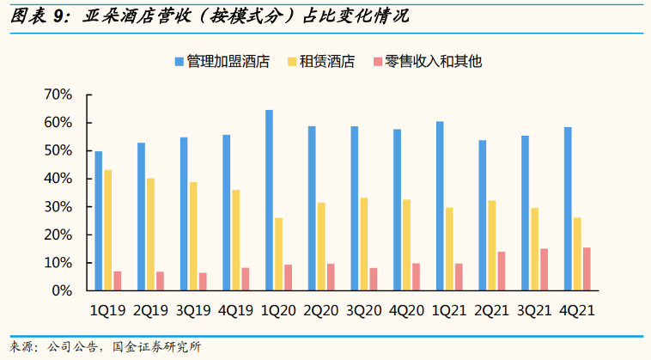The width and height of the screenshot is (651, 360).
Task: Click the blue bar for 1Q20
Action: point(269,200)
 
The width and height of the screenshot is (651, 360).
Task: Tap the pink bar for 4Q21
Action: point(587,269)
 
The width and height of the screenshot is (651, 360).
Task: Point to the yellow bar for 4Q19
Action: point(236,240)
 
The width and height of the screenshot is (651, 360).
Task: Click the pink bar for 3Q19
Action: point(203,281)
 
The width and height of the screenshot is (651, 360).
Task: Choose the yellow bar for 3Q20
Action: point(364,244)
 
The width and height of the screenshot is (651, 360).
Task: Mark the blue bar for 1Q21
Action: point(440,205)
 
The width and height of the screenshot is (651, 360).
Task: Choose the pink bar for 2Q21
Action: point(502,271)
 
